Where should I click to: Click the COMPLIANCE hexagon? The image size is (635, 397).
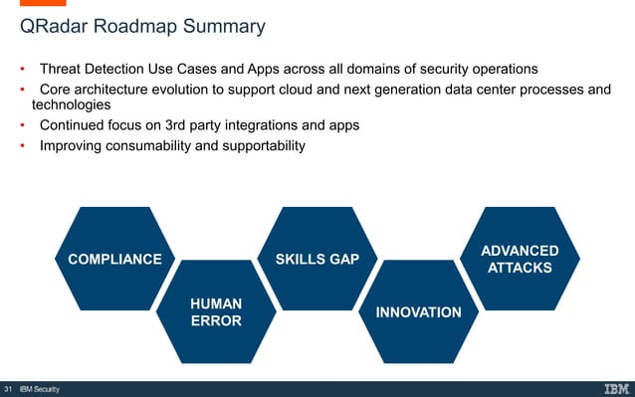point(113,260)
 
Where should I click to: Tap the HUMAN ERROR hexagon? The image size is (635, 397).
point(216,311)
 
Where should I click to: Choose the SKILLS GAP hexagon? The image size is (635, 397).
point(317,260)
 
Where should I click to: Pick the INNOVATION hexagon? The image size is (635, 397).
point(418,312)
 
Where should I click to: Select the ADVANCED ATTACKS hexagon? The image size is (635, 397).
point(519,259)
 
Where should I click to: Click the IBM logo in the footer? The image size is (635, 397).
point(615,388)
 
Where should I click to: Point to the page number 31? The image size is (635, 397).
point(9,388)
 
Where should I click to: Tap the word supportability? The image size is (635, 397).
point(256,146)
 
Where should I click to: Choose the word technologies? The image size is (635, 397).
point(71,105)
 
